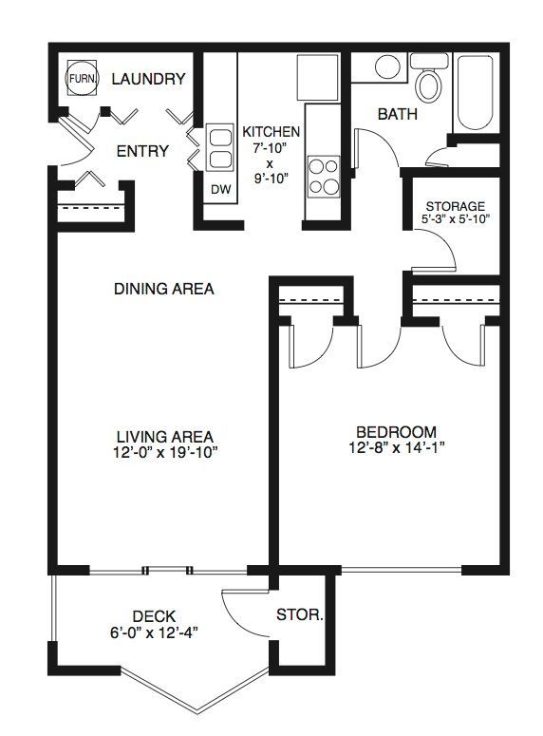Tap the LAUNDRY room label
148,79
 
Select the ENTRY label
142,151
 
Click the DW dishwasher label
220,190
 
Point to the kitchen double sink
219,148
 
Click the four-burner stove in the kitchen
324,177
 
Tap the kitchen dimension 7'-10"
271,148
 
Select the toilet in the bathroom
429,77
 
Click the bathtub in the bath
475,93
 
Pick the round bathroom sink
387,66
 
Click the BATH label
398,114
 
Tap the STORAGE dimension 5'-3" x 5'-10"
456,218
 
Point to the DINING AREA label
164,288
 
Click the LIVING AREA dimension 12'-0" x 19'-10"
165,453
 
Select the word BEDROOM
397,432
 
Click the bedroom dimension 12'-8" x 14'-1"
397,448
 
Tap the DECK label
154,616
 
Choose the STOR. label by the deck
300,614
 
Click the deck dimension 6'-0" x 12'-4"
154,632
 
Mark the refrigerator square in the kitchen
318,78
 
